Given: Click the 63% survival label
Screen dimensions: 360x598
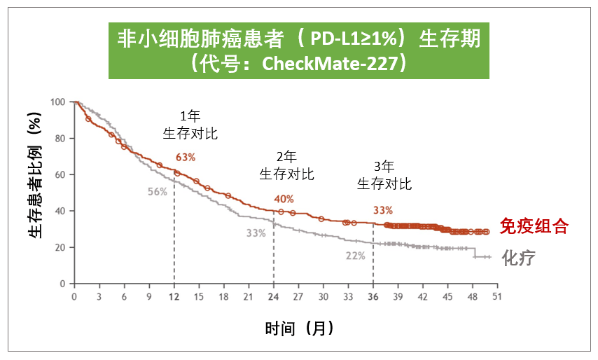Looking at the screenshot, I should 185,156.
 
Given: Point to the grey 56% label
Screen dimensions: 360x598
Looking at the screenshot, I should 157,192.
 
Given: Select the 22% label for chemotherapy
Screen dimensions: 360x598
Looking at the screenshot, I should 355,256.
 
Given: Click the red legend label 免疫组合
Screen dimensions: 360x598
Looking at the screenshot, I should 533,226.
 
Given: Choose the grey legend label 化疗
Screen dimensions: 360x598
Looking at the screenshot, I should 519,258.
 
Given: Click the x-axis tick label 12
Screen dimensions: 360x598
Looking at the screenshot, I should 174,296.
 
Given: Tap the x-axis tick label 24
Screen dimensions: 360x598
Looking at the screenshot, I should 273,296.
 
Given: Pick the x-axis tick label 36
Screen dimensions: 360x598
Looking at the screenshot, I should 373,296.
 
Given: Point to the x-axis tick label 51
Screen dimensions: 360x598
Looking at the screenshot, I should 497,296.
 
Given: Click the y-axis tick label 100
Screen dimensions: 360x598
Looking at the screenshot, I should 59,102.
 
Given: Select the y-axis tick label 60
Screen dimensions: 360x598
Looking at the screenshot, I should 62,174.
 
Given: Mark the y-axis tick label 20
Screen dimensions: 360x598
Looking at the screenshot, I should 62,247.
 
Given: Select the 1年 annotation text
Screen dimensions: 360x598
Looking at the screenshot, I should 190,117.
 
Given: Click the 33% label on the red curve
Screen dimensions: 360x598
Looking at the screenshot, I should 383,210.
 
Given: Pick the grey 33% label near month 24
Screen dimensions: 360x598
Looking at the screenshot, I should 256,233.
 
